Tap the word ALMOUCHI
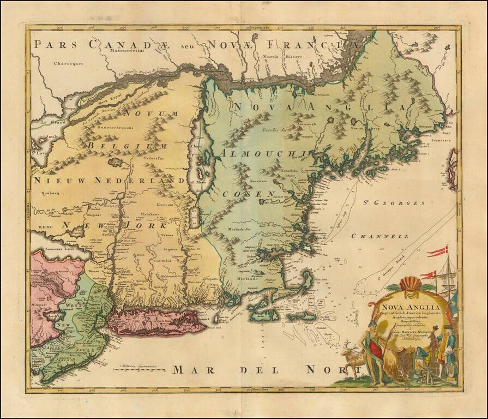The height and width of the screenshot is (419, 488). tap(266, 154)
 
